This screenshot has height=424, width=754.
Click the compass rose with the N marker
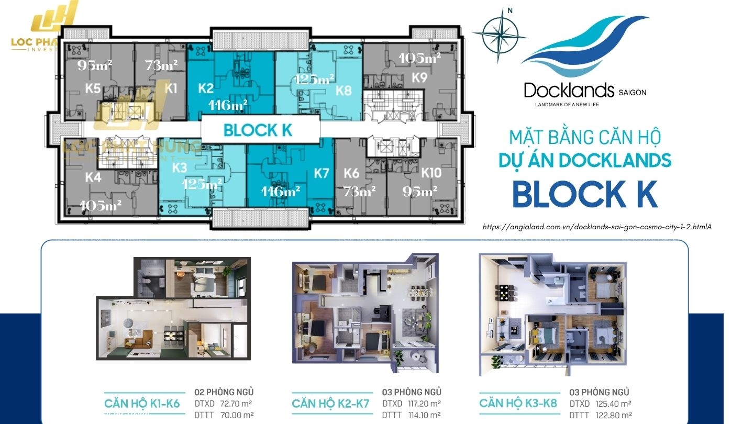pyautogui.click(x=500, y=31)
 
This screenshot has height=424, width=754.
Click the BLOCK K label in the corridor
pyautogui.click(x=258, y=130)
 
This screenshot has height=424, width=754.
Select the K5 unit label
pyautogui.click(x=93, y=88)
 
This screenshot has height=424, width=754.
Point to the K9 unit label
pyautogui.click(x=419, y=78)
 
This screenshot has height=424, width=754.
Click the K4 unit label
pyautogui.click(x=93, y=177)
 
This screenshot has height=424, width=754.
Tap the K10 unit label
pyautogui.click(x=431, y=173)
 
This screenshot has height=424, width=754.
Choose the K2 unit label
pyautogui.click(x=206, y=88)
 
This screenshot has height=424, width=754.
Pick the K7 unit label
pyautogui.click(x=321, y=173)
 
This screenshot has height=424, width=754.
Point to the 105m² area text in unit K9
pyautogui.click(x=419, y=58)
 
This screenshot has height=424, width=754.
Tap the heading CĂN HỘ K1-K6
pyautogui.click(x=142, y=404)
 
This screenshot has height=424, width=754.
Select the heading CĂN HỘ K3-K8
pyautogui.click(x=518, y=403)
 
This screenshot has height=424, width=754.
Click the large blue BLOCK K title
pyautogui.click(x=585, y=194)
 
